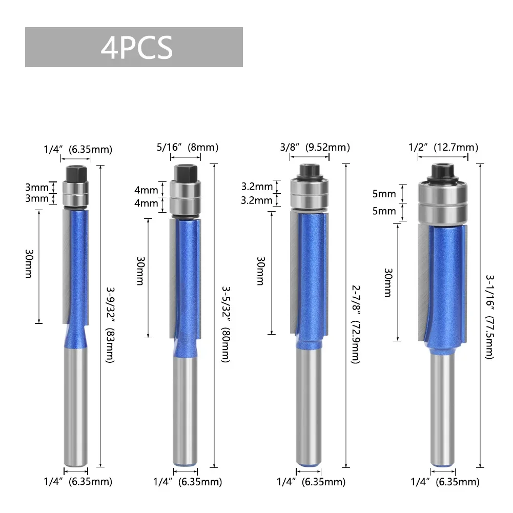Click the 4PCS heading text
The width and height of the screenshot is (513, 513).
click(136, 48)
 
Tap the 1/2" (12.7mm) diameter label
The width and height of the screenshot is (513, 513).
click(443, 148)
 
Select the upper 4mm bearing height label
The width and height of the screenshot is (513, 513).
click(147, 190)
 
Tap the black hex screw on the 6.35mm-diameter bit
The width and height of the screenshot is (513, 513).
click(76, 174)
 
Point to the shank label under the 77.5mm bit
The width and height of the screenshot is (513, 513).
click(445, 482)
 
